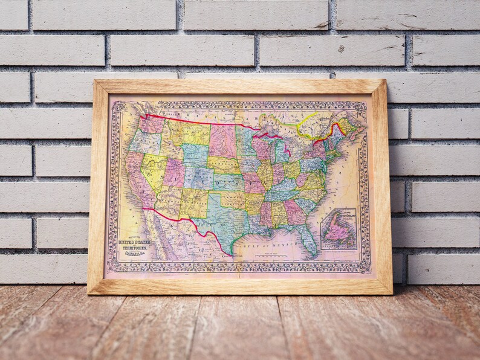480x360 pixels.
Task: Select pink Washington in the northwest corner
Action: tap(151, 124)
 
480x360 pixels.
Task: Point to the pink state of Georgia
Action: tap(294, 212)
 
